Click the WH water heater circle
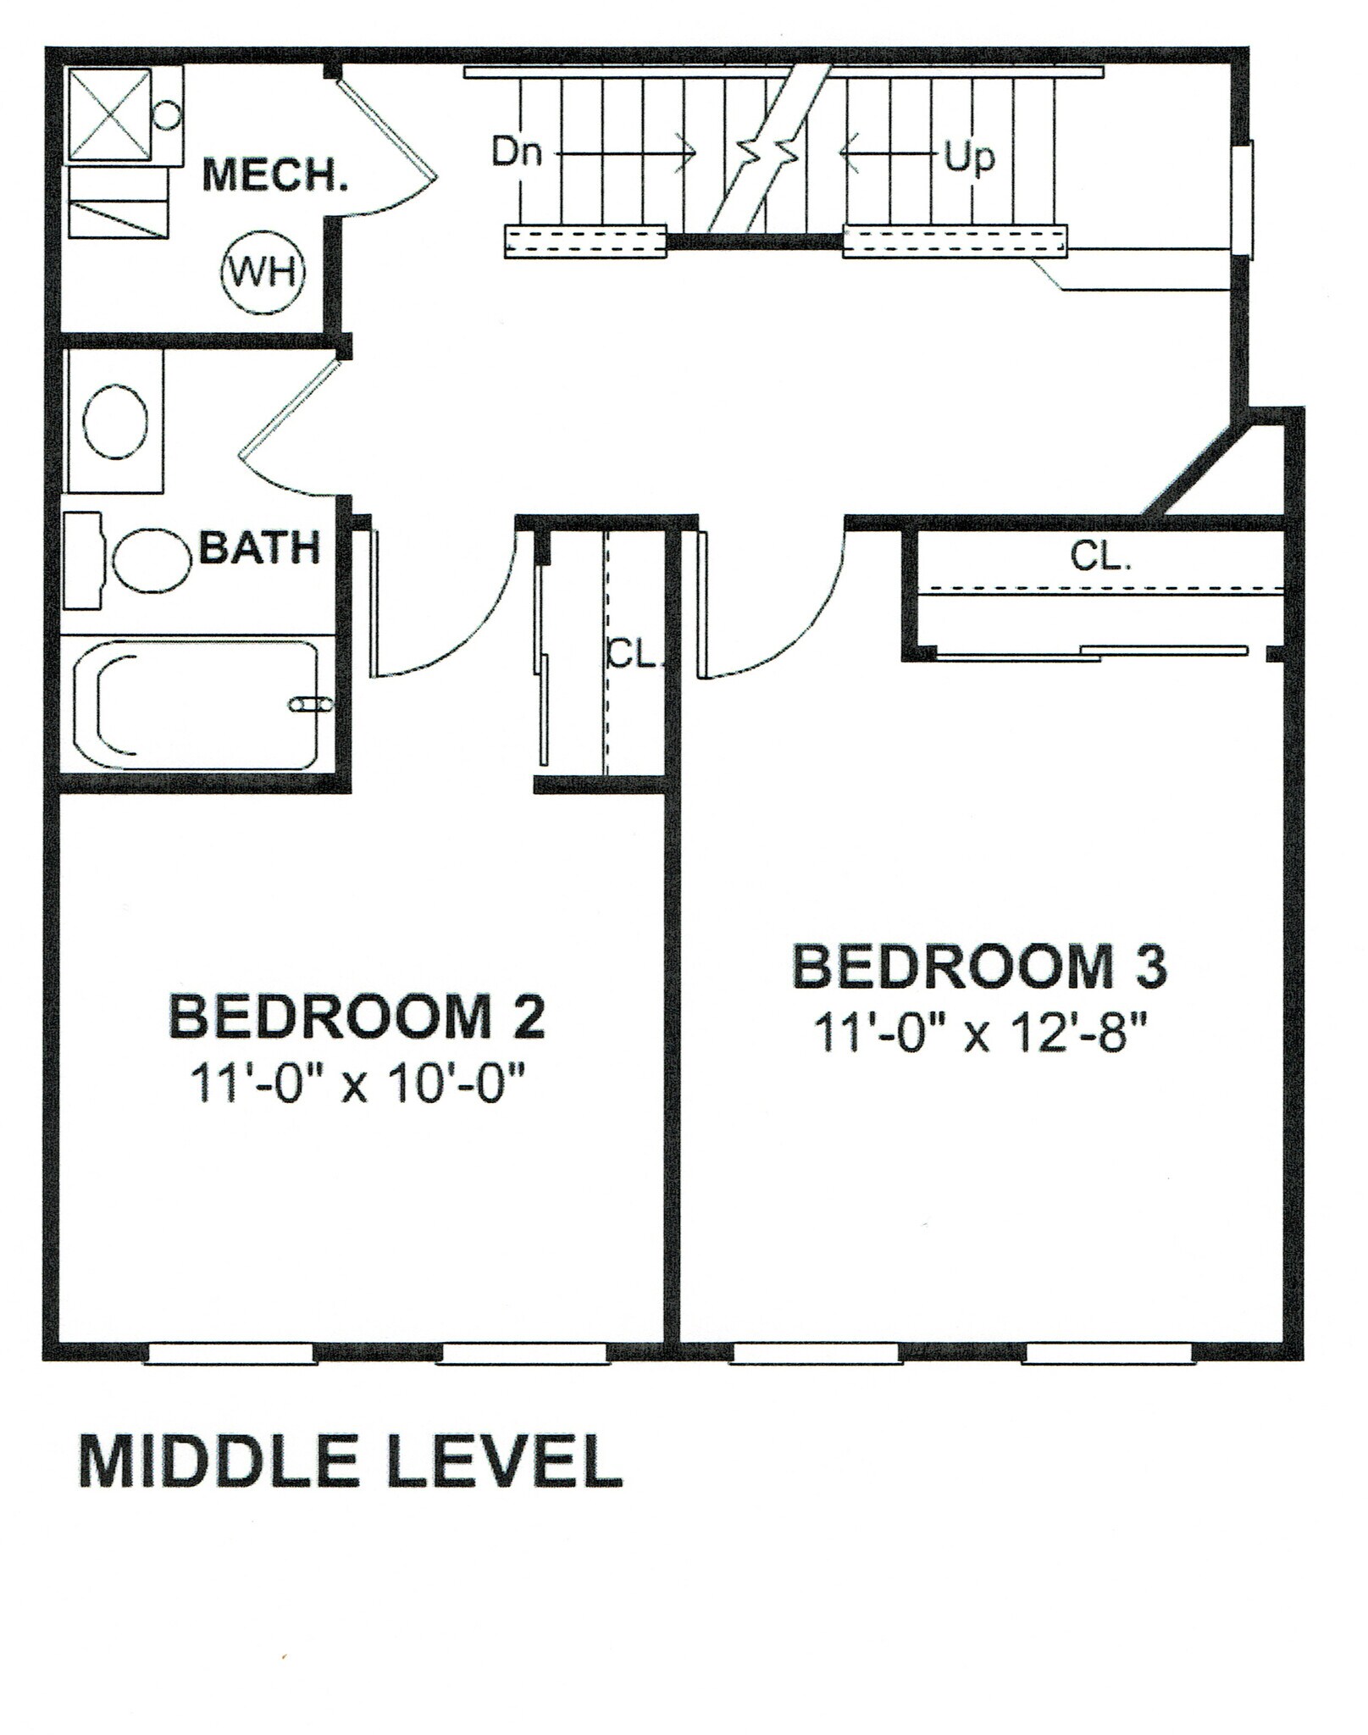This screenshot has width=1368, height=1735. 262,273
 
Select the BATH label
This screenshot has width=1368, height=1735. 260,549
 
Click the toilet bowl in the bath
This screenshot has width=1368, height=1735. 151,560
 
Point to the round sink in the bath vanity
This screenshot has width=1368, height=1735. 114,421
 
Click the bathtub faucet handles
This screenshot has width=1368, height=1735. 311,704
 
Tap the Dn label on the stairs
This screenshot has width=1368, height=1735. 517,152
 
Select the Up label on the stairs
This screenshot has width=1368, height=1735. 969,157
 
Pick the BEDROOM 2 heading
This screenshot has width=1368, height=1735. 357,1017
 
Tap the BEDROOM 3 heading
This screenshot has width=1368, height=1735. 979,967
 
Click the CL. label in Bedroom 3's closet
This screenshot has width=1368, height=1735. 1099,557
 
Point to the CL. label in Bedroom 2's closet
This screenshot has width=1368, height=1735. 633,654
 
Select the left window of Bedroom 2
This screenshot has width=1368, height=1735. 230,1354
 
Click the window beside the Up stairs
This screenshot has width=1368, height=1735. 1243,200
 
